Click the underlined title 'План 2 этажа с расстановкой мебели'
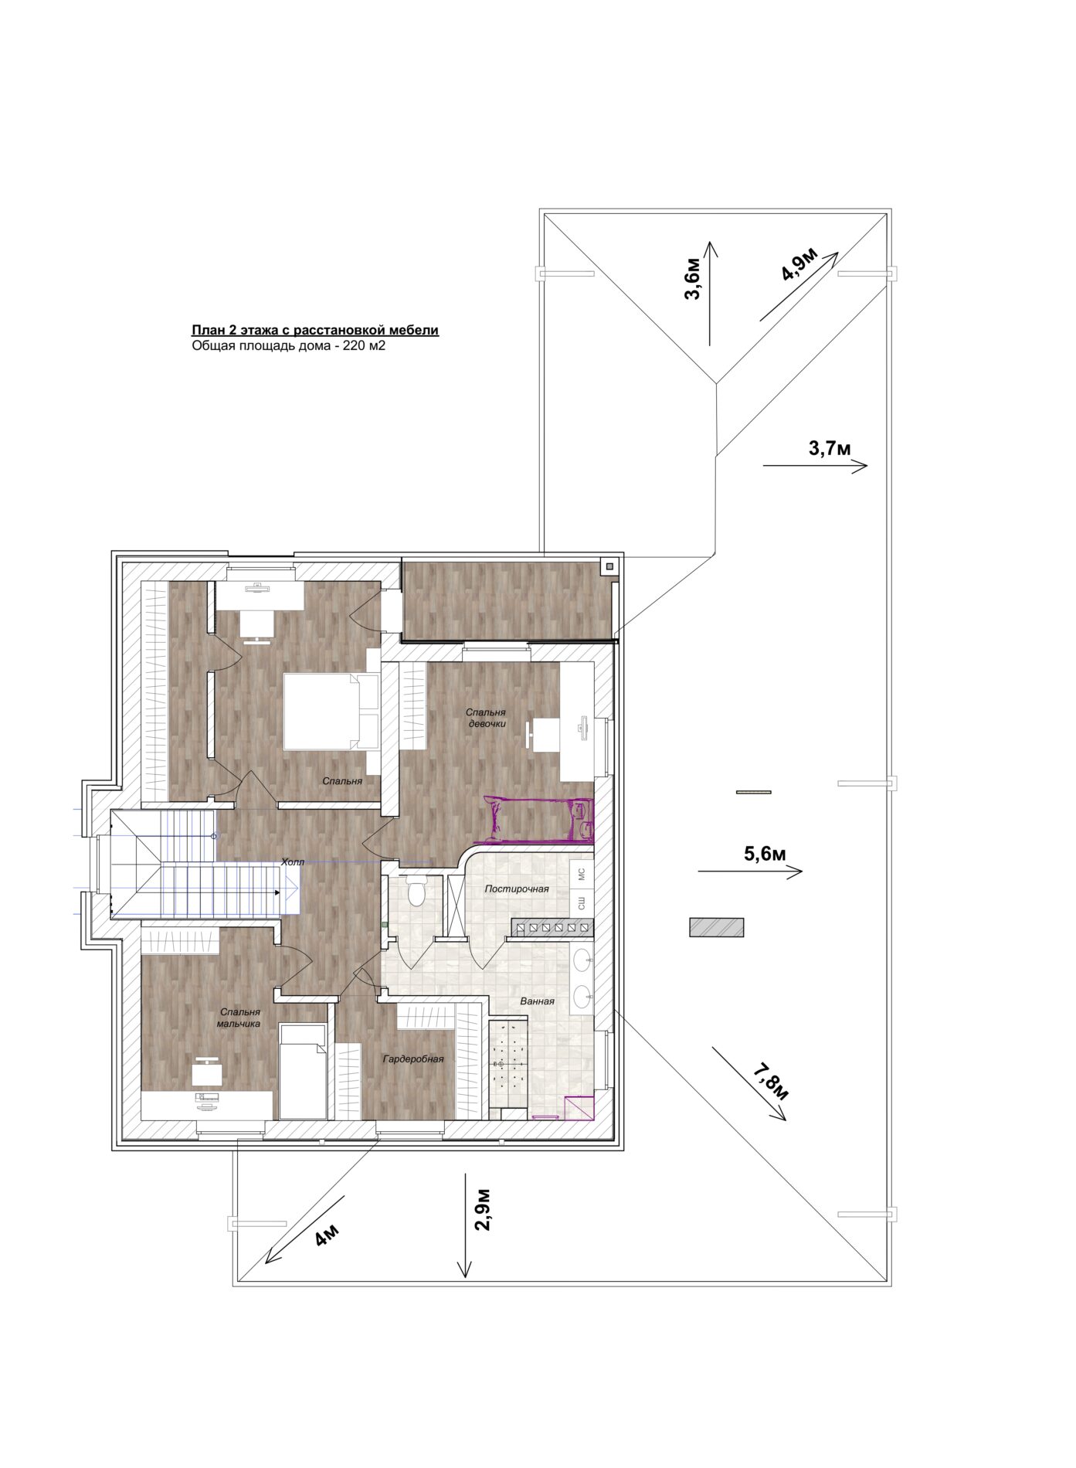point(315,331)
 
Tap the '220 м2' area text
point(365,346)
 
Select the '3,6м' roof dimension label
point(693,280)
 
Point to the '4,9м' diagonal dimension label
point(799,265)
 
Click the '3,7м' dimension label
point(830,448)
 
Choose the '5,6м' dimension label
point(765,854)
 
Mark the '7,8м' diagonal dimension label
point(770,1082)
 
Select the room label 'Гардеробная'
point(413,1059)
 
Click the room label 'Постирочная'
point(517,889)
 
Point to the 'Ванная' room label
point(537,1001)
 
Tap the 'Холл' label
point(293,861)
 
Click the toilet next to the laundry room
point(416,891)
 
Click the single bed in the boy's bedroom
point(304,1072)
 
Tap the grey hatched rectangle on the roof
point(716,927)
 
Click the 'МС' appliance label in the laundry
point(582,875)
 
